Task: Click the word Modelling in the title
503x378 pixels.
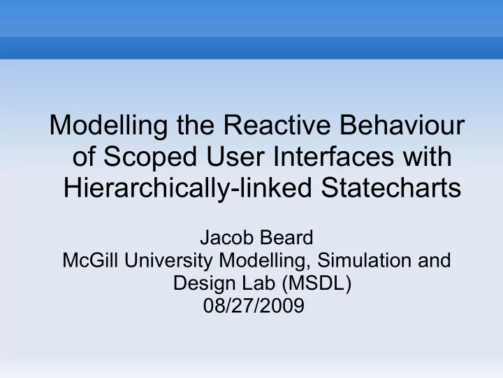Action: coord(108,126)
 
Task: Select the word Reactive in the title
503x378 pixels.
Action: coord(277,125)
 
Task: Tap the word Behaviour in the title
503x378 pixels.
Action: coord(402,125)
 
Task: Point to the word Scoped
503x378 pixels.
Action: coord(150,157)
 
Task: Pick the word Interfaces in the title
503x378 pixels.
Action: coord(334,156)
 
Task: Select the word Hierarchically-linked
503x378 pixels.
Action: coord(187,189)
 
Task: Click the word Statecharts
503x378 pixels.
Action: coord(391,188)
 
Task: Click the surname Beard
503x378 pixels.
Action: coord(286,238)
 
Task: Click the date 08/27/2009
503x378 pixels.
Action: coord(254,306)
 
